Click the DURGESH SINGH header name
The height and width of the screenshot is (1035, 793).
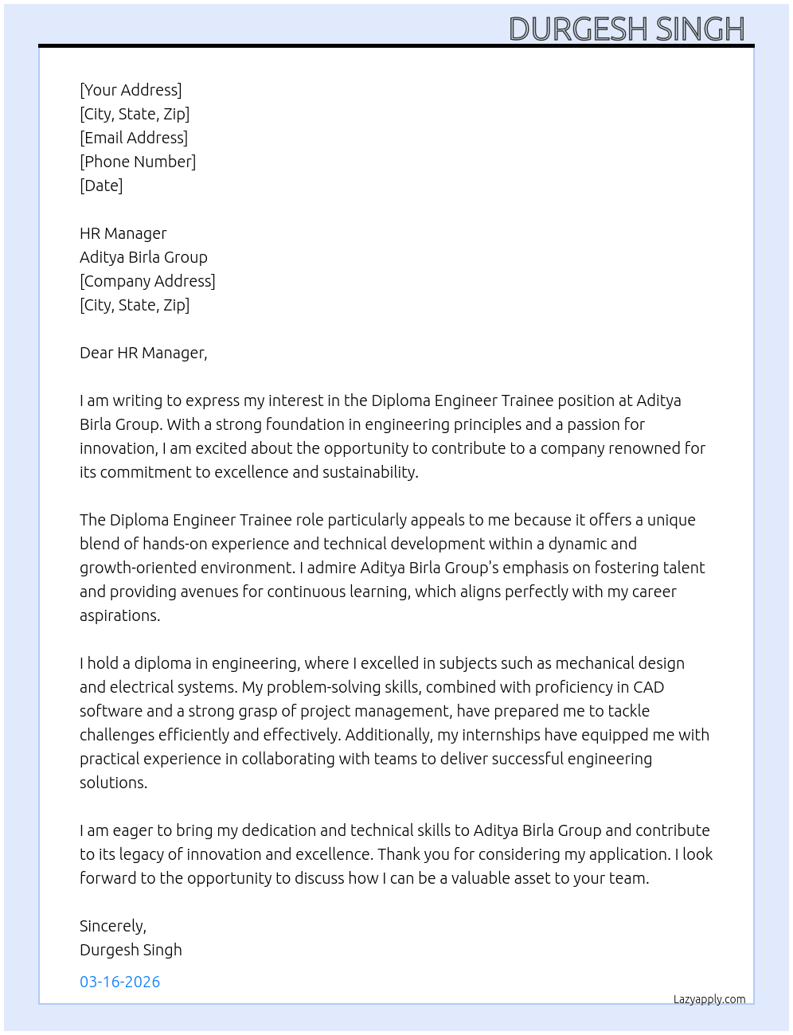[627, 29]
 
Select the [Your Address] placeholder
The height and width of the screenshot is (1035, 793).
[131, 90]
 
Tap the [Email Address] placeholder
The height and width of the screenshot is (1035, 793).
[134, 138]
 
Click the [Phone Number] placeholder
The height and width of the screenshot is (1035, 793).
[138, 162]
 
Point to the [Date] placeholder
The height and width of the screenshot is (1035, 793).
[101, 186]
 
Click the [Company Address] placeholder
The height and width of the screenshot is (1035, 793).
[147, 281]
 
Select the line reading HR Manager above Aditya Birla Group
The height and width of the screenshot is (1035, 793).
[123, 233]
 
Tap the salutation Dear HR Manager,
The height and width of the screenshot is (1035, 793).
[143, 353]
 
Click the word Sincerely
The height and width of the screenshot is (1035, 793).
[112, 926]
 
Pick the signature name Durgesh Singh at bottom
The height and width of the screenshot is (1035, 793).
[131, 950]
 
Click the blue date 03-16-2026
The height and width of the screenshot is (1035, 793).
[120, 982]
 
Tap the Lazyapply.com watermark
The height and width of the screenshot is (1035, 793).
[709, 999]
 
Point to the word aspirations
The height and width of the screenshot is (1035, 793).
[119, 615]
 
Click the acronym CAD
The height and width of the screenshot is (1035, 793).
[648, 687]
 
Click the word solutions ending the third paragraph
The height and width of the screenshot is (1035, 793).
[113, 783]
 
